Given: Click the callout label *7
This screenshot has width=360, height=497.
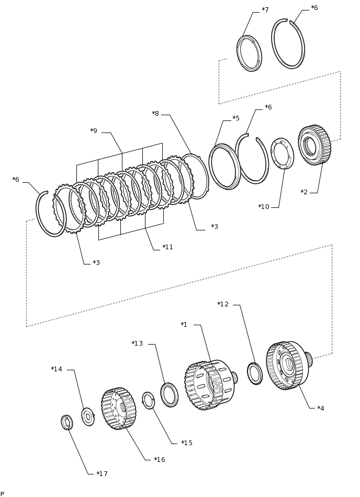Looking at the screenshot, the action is (x=265, y=10).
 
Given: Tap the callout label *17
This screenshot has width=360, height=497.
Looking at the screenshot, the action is (x=102, y=474).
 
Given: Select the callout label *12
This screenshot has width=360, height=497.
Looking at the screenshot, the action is (x=223, y=304).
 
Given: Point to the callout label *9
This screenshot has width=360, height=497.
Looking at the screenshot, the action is (x=94, y=131).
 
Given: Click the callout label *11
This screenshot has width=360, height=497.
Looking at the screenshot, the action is (x=168, y=247).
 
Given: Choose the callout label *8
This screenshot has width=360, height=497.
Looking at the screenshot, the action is (x=155, y=114).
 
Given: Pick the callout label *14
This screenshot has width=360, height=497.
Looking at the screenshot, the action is (x=57, y=369).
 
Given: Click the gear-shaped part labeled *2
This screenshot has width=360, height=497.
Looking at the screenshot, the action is (x=314, y=145).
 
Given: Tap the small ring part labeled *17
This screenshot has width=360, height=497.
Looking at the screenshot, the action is (x=67, y=422).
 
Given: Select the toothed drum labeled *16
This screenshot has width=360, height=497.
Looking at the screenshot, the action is (x=118, y=408).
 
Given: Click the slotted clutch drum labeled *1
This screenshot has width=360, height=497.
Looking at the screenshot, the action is (x=210, y=385).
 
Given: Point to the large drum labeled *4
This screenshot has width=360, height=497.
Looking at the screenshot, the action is (x=289, y=366).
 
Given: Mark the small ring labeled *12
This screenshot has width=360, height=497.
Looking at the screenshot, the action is (x=255, y=373).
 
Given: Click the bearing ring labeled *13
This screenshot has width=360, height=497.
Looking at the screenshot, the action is (x=169, y=395).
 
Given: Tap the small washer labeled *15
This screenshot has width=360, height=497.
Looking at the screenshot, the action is (x=148, y=400).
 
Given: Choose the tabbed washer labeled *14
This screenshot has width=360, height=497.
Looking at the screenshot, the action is (x=88, y=417).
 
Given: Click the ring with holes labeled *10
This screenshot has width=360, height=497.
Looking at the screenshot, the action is (x=282, y=153).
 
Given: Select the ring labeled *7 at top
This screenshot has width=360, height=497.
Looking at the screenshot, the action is (x=249, y=53).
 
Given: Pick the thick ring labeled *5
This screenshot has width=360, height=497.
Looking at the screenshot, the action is (x=225, y=167).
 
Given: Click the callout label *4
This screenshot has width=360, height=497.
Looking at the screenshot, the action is (x=321, y=408).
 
